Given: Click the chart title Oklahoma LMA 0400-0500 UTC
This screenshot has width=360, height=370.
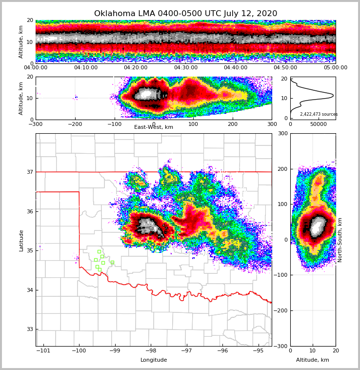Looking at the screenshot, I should pos(185,14).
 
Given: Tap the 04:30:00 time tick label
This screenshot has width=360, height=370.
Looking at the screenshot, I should pos(186,68).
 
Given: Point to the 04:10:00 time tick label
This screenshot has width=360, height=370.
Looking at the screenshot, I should pos(86,68).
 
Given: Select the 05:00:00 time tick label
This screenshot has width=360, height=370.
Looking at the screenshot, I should pos(335,68).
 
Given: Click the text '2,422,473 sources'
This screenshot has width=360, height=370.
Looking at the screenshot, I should pos(319,114).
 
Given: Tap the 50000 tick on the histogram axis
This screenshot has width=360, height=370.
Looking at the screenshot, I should pos(319,124).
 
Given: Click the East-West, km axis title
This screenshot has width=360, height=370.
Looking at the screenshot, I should pos(154,127).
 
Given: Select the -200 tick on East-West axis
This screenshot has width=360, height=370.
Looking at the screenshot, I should pos(75,124).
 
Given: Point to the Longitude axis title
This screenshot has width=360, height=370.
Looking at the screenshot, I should pos(154,360).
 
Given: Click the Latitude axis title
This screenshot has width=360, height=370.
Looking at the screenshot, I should pos(21,240).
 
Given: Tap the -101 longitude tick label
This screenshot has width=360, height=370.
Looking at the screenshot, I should pos(43,351).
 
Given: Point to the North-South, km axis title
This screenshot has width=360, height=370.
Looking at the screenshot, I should pos(340,240).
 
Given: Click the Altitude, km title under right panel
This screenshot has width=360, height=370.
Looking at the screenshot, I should pos(313,360).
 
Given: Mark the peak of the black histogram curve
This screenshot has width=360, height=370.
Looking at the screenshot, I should pos(333,95).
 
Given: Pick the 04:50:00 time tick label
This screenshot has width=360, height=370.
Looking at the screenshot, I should pos(285,68).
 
